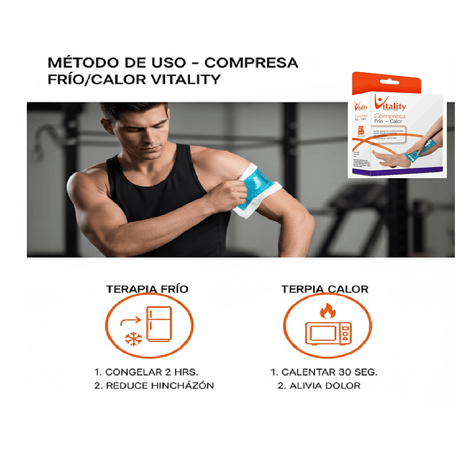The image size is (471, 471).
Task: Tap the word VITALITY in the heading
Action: point(186,80)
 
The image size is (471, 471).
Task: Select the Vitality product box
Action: point(398,124)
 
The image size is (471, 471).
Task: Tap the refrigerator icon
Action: point(159,324)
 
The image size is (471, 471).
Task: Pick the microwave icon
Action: point(328,333)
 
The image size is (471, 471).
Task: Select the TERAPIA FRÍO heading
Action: point(149,289)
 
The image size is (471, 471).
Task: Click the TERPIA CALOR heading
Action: point(324,289)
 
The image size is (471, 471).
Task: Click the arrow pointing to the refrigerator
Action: point(130,320)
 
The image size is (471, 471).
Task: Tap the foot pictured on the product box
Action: point(386,158)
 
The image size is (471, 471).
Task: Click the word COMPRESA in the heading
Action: point(252,64)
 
